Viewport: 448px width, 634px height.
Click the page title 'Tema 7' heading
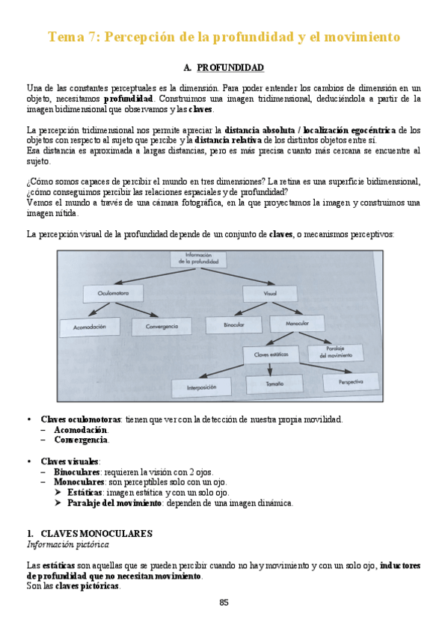coord(224,37)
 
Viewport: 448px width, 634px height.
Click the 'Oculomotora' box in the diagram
coord(113,294)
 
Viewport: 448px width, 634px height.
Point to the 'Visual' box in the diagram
coord(270,294)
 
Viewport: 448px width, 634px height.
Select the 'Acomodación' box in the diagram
coord(95,327)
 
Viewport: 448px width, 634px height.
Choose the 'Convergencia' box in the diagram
coord(162,327)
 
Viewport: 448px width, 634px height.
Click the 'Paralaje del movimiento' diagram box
coord(334,352)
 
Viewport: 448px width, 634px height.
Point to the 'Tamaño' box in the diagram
coord(274,384)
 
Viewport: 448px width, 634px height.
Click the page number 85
coord(224,603)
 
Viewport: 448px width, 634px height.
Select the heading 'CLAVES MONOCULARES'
coord(93,534)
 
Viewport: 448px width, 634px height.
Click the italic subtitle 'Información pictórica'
coord(64,544)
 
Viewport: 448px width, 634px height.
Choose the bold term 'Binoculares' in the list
coord(77,473)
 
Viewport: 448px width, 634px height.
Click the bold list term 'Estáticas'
coord(85,493)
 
